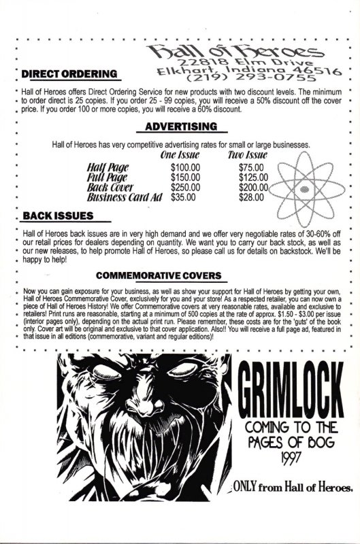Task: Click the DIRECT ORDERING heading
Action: [x=69, y=75]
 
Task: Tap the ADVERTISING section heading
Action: [x=181, y=127]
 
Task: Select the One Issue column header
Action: [x=178, y=155]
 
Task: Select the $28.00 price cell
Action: [x=252, y=197]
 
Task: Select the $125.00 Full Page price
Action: [x=255, y=176]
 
